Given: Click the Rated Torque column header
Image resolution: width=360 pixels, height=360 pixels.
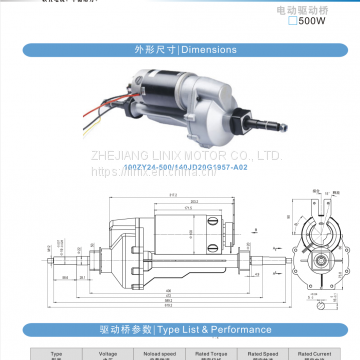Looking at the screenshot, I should [x=207, y=352].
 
